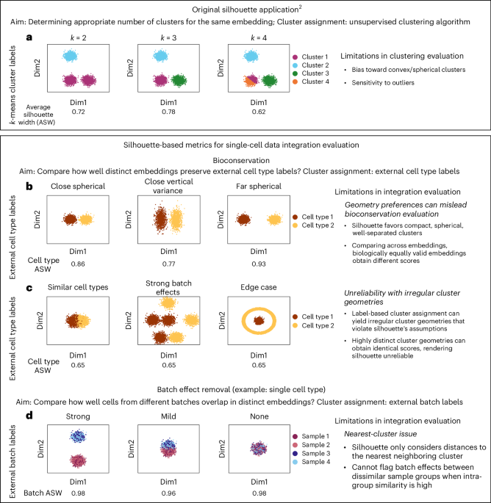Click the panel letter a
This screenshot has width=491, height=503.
tap(44, 35)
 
